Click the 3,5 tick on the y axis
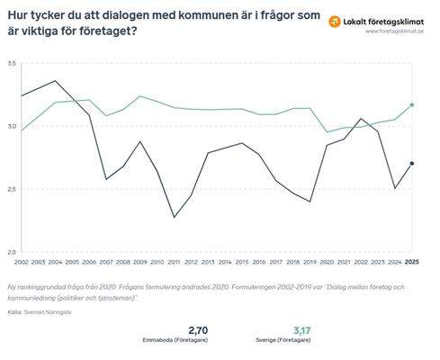pyautogui.click(x=12, y=64)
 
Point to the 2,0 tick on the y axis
pyautogui.click(x=12, y=252)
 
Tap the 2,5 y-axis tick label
pyautogui.click(x=12, y=190)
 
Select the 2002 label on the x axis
pyautogui.click(x=22, y=261)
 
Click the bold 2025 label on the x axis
pyautogui.click(x=411, y=261)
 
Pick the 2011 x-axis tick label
pyautogui.click(x=175, y=261)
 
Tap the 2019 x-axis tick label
pyautogui.click(x=310, y=261)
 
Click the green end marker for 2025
pyautogui.click(x=411, y=105)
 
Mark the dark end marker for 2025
pyautogui.click(x=411, y=164)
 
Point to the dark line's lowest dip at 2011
pyautogui.click(x=175, y=217)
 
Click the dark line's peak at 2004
pyautogui.click(x=56, y=81)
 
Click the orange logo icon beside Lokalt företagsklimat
pyautogui.click(x=335, y=20)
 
